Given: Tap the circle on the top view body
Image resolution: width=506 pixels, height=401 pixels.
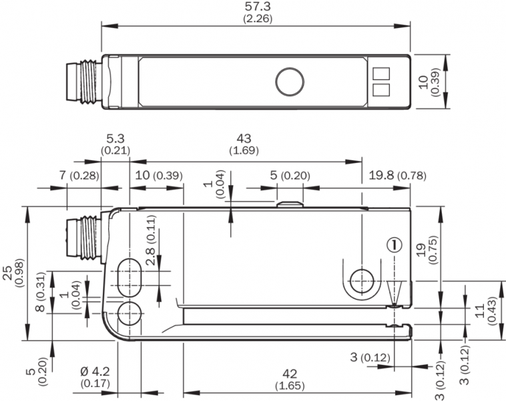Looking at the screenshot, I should click(290, 82).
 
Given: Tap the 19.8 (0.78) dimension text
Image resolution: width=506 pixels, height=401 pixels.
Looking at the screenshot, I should click(397, 175).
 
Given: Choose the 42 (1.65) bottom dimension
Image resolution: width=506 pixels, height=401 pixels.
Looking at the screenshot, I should click(289, 380).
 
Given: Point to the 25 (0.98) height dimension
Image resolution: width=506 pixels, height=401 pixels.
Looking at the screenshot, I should click(12, 272).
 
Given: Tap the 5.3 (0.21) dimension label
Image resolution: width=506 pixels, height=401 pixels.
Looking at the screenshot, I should click(115, 144).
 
